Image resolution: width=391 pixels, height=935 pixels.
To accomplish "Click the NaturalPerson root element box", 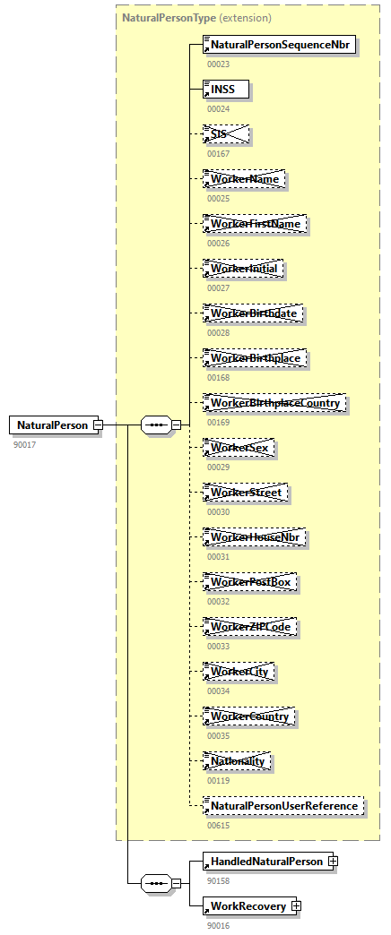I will pyautogui.click(x=52, y=425).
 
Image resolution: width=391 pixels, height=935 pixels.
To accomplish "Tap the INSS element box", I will pyautogui.click(x=226, y=90).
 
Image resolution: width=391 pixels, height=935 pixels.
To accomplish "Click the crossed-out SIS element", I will pyautogui.click(x=226, y=134).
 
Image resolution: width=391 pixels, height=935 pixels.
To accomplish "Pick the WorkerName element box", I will pyautogui.click(x=245, y=179).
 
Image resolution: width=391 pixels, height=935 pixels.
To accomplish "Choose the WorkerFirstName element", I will pyautogui.click(x=255, y=224).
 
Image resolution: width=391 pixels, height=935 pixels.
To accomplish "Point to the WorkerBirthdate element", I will pyautogui.click(x=253, y=313).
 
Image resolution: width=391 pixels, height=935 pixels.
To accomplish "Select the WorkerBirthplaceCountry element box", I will pyautogui.click(x=274, y=403).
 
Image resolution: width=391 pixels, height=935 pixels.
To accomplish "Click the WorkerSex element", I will pyautogui.click(x=239, y=448).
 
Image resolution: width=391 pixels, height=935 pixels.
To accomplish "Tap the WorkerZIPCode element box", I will pyautogui.click(x=250, y=627).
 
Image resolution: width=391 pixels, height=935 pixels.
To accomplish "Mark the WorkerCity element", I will pyautogui.click(x=239, y=672).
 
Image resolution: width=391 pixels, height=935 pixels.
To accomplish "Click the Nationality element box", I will pyautogui.click(x=238, y=761).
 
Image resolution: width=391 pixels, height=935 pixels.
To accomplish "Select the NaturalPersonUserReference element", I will pyautogui.click(x=283, y=806).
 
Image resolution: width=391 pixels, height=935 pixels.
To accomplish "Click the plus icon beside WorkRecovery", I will pyautogui.click(x=297, y=906).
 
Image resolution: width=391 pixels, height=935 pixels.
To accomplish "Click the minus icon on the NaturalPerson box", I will pyautogui.click(x=98, y=425).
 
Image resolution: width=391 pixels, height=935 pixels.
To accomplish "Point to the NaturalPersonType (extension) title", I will pyautogui.click(x=196, y=17).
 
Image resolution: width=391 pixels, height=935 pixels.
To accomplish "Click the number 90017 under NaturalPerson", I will pyautogui.click(x=24, y=444).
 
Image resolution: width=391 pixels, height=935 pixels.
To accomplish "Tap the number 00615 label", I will pyautogui.click(x=218, y=825).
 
